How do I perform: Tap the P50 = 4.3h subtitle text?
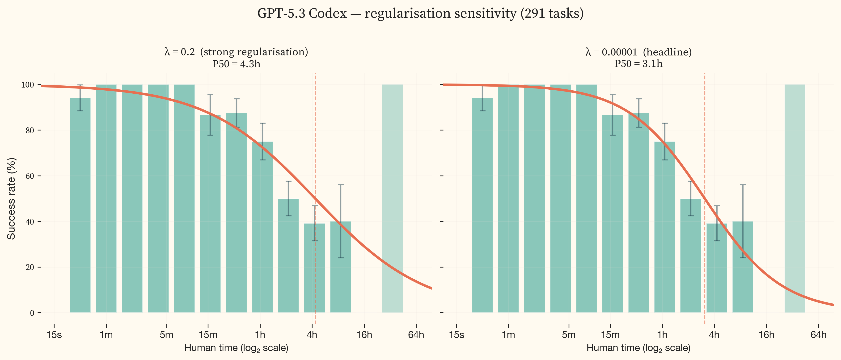tap(236, 64)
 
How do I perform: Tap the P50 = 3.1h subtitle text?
tap(638, 64)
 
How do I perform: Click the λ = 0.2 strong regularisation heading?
tap(236, 52)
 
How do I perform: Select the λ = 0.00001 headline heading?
tap(638, 52)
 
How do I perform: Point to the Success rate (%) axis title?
tap(11, 198)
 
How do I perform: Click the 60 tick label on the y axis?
tap(29, 176)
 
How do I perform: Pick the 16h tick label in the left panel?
tap(364, 335)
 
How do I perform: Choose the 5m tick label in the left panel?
tap(166, 335)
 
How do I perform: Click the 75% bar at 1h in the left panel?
tap(262, 228)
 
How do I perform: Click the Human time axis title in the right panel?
tap(638, 348)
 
